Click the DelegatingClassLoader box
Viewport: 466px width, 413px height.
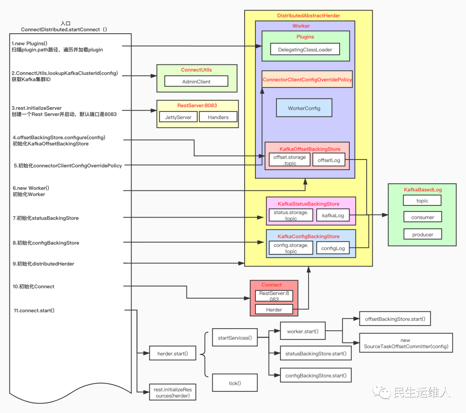tap(305, 49)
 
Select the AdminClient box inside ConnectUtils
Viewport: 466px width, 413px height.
tap(196, 81)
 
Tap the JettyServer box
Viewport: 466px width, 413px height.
tap(178, 117)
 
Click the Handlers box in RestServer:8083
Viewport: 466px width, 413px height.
tap(218, 117)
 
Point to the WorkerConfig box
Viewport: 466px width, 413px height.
tap(304, 108)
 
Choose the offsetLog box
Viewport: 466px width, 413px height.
tap(329, 160)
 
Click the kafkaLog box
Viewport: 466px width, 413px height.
tap(333, 215)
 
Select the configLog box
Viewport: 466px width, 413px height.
tap(333, 248)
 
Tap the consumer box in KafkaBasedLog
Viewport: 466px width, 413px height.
tap(422, 217)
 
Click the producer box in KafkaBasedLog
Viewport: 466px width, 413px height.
tap(422, 234)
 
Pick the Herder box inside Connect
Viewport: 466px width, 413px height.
tap(274, 310)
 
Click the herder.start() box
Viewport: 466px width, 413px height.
tap(173, 354)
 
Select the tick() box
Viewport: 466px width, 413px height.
tap(235, 383)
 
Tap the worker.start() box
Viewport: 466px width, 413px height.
tap(302, 331)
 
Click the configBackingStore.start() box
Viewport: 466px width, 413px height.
tap(315, 375)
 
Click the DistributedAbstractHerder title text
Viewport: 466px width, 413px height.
tap(308, 16)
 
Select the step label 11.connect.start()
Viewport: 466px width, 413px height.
tap(34, 311)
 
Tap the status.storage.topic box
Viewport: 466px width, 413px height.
tap(290, 215)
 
